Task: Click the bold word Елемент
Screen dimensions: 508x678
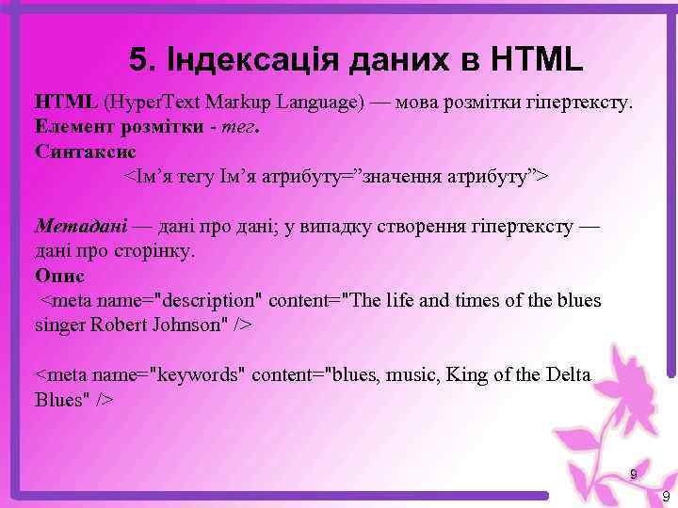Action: coord(71,126)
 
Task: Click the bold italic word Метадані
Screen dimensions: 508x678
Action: coord(80,226)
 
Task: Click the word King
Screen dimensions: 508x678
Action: coord(470,375)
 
